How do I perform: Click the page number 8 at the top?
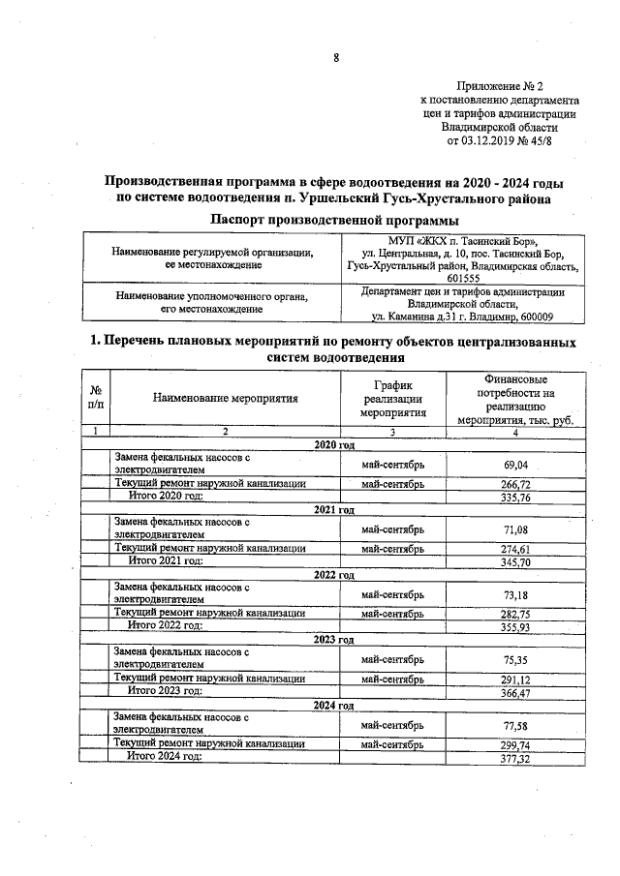click(x=336, y=57)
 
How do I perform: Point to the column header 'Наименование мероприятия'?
click(x=225, y=397)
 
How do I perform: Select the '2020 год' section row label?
click(x=335, y=444)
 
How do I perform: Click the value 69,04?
click(x=515, y=465)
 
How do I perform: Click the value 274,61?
click(x=515, y=549)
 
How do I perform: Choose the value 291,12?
click(x=515, y=679)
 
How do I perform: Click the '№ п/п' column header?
click(x=96, y=397)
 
